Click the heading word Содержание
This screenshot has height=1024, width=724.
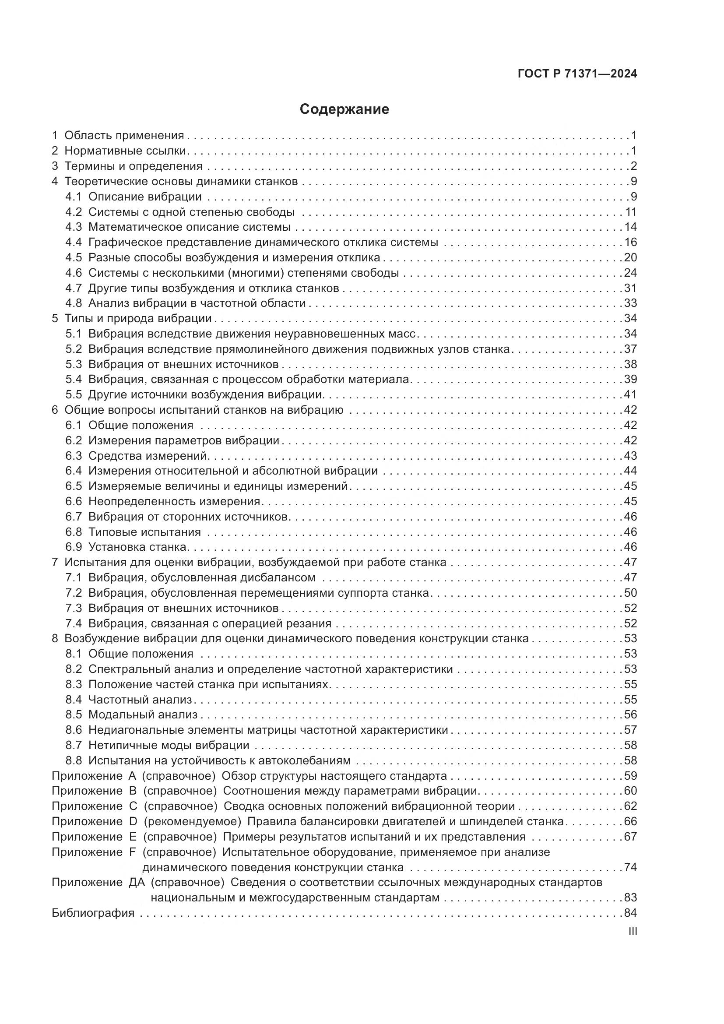coord(344,109)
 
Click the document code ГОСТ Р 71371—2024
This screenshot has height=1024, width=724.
coord(577,74)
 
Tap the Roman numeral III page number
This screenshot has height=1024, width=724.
coord(632,932)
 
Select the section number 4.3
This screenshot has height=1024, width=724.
coord(74,227)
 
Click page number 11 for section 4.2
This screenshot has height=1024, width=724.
coord(631,212)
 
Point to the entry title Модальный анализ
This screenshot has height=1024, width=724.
coord(143,714)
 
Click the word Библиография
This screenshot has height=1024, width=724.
coord(93,913)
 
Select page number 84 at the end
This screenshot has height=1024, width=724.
coord(630,913)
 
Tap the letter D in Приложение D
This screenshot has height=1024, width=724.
coord(132,821)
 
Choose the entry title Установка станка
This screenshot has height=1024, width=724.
coord(137,547)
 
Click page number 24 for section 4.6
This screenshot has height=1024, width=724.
coord(630,272)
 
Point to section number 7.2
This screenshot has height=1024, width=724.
coord(74,593)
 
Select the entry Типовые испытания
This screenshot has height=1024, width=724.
coord(144,532)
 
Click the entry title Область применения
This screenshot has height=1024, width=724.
coord(124,136)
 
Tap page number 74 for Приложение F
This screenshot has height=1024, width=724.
coord(630,867)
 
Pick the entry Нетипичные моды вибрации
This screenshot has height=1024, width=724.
coord(169,745)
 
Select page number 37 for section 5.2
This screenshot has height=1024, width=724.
coord(630,349)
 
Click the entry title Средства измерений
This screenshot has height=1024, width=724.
coord(148,456)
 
